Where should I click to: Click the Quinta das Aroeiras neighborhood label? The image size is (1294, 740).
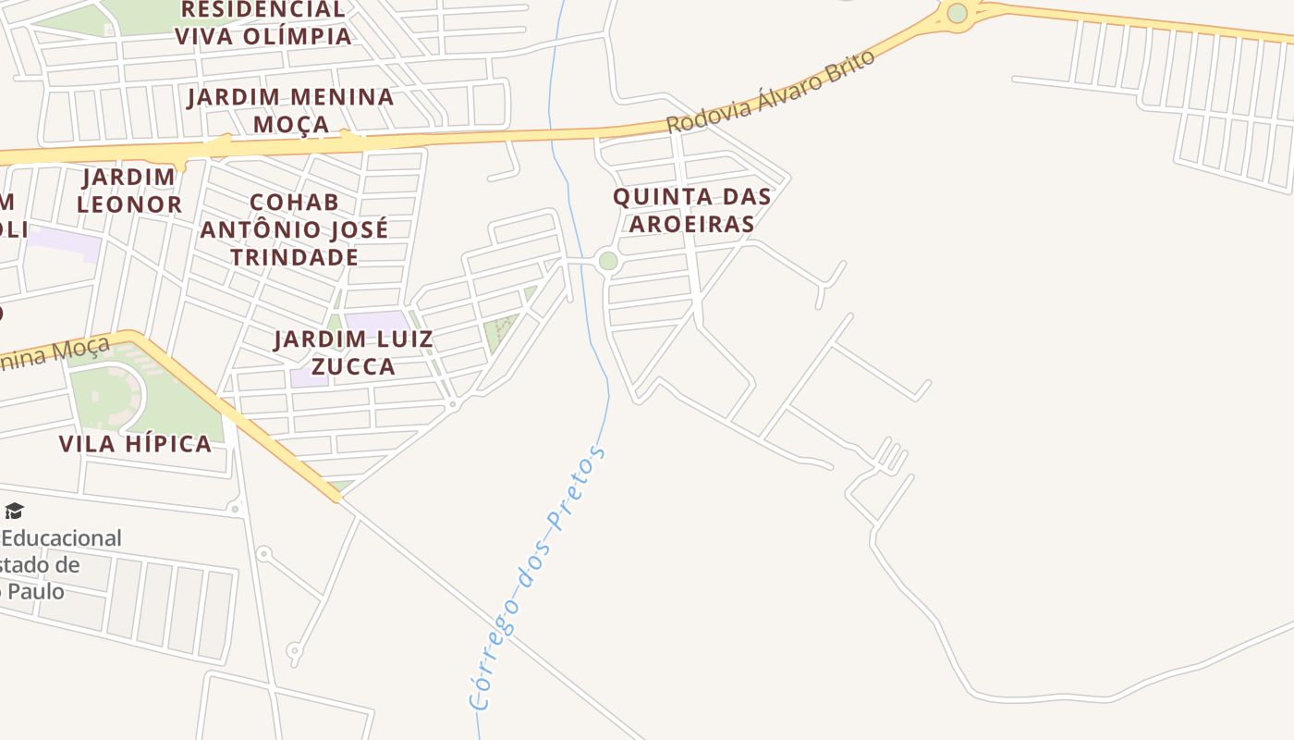pyautogui.click(x=691, y=209)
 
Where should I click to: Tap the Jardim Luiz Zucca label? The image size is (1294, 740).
pyautogui.click(x=353, y=352)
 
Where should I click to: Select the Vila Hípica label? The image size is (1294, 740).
pyautogui.click(x=135, y=444)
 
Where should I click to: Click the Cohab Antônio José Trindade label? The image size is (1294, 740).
pyautogui.click(x=294, y=228)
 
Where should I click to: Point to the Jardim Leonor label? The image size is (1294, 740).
pyautogui.click(x=128, y=191)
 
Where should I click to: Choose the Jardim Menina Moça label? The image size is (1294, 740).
pyautogui.click(x=290, y=110)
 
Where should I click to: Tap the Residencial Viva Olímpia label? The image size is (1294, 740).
pyautogui.click(x=262, y=23)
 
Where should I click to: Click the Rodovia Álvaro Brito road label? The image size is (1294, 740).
pyautogui.click(x=770, y=92)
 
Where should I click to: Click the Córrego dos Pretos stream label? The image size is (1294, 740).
pyautogui.click(x=538, y=577)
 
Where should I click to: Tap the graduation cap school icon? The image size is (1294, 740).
pyautogui.click(x=14, y=511)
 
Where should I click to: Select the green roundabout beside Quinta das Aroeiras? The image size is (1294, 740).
pyautogui.click(x=607, y=261)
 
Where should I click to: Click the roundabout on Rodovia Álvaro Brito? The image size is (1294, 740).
pyautogui.click(x=957, y=13)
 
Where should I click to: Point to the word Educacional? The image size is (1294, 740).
pyautogui.click(x=61, y=538)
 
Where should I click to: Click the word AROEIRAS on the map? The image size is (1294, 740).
pyautogui.click(x=691, y=223)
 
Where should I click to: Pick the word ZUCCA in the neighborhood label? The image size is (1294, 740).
pyautogui.click(x=353, y=366)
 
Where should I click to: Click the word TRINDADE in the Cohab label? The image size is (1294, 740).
pyautogui.click(x=294, y=256)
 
